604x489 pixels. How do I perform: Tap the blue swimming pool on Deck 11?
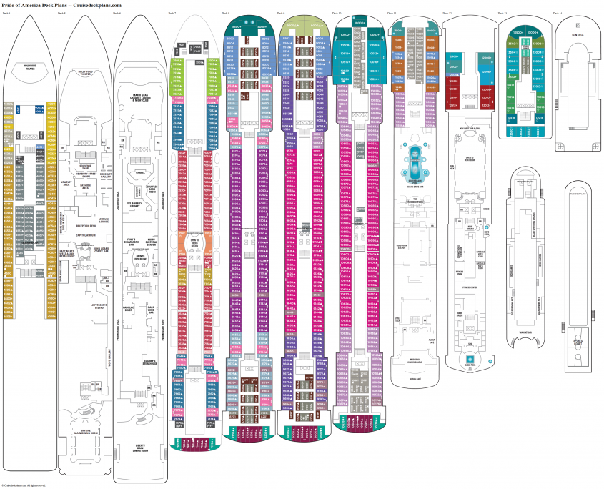coord(415,162)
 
